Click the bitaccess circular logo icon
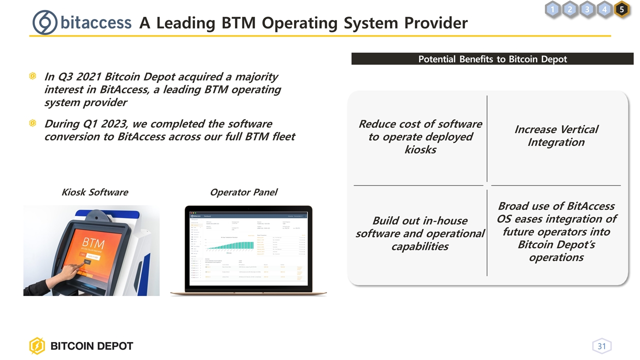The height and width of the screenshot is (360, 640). click(44, 22)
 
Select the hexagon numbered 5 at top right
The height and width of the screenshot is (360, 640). click(621, 9)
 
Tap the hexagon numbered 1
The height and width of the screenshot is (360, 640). click(552, 9)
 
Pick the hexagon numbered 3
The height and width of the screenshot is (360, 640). click(587, 9)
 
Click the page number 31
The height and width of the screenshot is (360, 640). click(601, 346)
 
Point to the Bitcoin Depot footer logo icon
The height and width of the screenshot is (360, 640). click(37, 346)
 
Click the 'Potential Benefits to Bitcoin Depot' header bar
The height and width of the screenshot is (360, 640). click(492, 59)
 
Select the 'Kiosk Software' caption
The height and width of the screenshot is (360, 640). click(94, 192)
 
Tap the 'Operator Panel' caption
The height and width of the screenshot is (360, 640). click(243, 192)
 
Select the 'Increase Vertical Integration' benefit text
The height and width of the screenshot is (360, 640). click(556, 135)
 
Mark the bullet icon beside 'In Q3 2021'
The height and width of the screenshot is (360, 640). click(32, 76)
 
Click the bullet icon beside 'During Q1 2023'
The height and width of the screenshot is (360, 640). click(32, 123)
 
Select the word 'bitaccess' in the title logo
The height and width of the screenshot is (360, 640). click(96, 23)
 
